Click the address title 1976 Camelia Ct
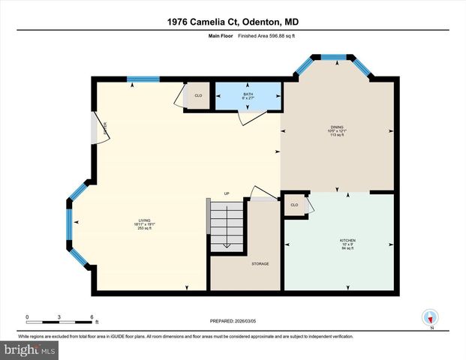pos(233,22)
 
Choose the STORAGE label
pos(260,263)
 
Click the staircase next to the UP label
pos(227,226)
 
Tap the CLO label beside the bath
pos(198,96)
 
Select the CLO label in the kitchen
pos(294,204)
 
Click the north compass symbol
pos(431,318)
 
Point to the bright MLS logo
pos(29,350)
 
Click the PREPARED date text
pos(233,321)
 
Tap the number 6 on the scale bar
pos(92,317)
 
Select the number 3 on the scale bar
pos(59,317)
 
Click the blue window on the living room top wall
pos(143,79)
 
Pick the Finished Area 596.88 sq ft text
pos(255,34)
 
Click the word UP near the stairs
pos(227,193)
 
